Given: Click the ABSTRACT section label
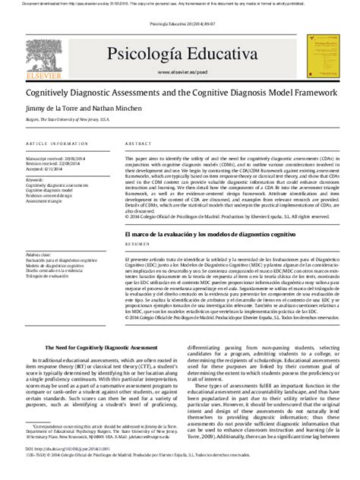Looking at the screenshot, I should (139, 142).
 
